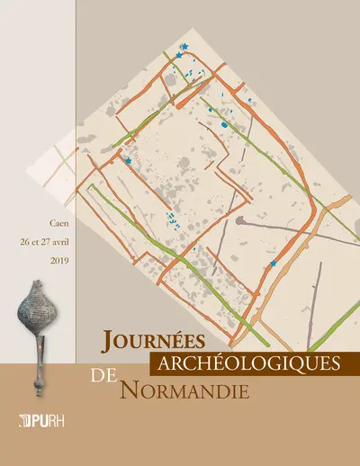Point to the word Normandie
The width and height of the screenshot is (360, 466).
coord(175,389)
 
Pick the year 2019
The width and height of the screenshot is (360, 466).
coord(58,259)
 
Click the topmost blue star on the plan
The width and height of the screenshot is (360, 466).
coord(184,46)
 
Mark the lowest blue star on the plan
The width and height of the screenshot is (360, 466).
coord(274,264)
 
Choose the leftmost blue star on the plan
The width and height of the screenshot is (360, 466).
coord(128,160)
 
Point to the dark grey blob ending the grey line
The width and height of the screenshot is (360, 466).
coord(239,220)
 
